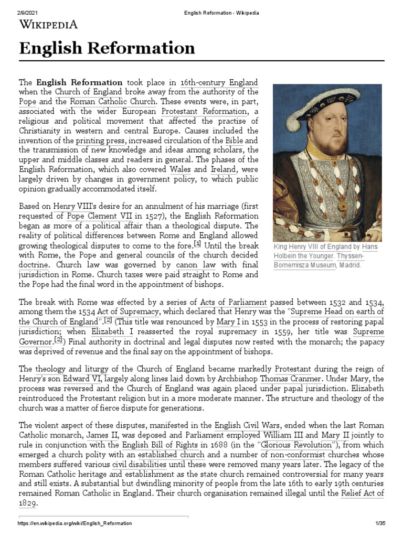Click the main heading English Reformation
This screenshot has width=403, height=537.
pyautogui.click(x=107, y=49)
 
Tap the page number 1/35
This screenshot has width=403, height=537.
pyautogui.click(x=380, y=523)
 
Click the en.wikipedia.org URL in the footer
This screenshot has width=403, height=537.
pyautogui.click(x=75, y=523)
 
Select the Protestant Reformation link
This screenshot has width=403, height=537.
pyautogui.click(x=204, y=111)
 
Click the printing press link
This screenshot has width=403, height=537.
pyautogui.click(x=100, y=141)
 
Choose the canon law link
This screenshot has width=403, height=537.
pyautogui.click(x=196, y=265)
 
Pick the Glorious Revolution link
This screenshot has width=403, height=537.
pyautogui.click(x=282, y=445)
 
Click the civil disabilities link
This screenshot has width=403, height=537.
pyautogui.click(x=140, y=465)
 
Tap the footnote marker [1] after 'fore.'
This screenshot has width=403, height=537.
pyautogui.click(x=197, y=244)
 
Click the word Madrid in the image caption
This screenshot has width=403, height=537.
pyautogui.click(x=349, y=265)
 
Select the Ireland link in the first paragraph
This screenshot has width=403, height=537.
pyautogui.click(x=223, y=170)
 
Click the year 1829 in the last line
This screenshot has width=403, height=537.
pyautogui.click(x=27, y=503)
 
